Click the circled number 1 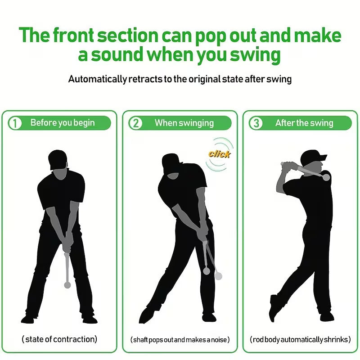pyautogui.click(x=15, y=123)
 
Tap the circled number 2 pyautogui.click(x=135, y=123)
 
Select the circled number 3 pyautogui.click(x=256, y=123)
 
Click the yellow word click pyautogui.click(x=219, y=154)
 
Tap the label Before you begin pyautogui.click(x=63, y=123)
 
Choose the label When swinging pyautogui.click(x=184, y=123)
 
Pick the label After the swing pyautogui.click(x=304, y=123)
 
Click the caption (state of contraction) pyautogui.click(x=59, y=339)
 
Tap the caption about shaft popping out pyautogui.click(x=180, y=339)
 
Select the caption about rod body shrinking pyautogui.click(x=301, y=339)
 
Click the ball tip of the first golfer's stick pyautogui.click(x=67, y=285)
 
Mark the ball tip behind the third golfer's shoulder pyautogui.click(x=325, y=177)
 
